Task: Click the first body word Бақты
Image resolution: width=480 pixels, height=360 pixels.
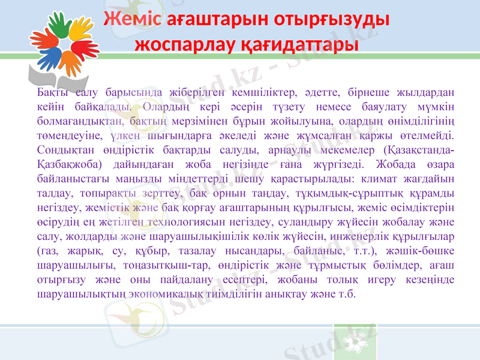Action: (52, 94)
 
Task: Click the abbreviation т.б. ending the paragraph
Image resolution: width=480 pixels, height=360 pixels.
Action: (346, 294)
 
